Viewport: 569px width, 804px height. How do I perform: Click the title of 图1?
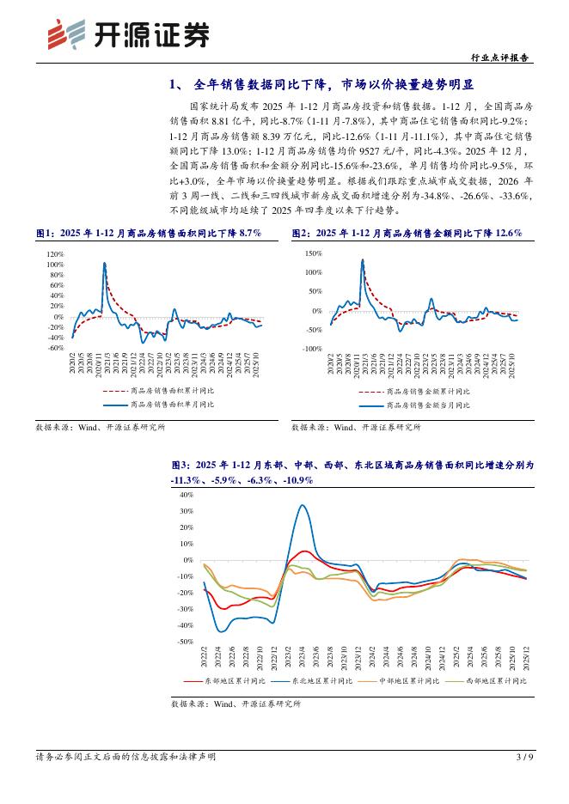click(x=147, y=233)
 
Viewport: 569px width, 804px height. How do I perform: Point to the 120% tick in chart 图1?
click(x=54, y=254)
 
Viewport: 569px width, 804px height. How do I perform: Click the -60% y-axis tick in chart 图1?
click(x=55, y=348)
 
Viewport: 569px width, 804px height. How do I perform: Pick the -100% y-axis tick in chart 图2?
click(x=310, y=349)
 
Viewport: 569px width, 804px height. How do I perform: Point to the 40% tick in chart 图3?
click(x=187, y=496)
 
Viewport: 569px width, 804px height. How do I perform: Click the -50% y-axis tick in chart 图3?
click(x=185, y=642)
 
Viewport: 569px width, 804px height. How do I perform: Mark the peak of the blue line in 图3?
click(x=303, y=505)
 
